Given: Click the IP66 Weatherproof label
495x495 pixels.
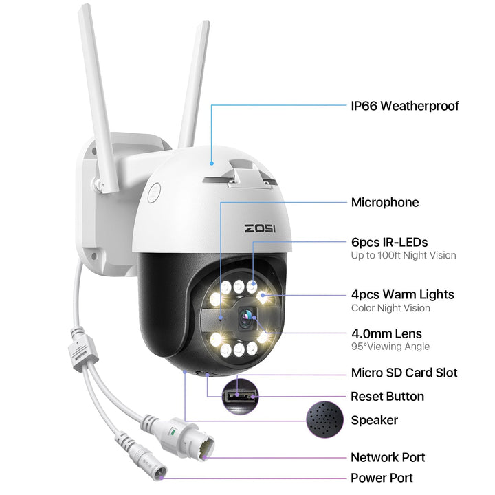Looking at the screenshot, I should pyautogui.click(x=404, y=106).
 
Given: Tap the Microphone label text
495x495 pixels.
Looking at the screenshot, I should pyautogui.click(x=384, y=202).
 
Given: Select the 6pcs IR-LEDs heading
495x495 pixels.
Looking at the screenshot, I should pyautogui.click(x=389, y=242).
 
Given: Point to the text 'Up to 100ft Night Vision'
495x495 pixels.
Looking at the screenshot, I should pyautogui.click(x=403, y=256).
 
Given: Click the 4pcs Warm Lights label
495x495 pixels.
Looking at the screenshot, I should pyautogui.click(x=402, y=294).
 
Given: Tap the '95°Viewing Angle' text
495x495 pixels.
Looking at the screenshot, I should pyautogui.click(x=390, y=346).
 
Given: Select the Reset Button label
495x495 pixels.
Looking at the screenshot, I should pyautogui.click(x=387, y=396).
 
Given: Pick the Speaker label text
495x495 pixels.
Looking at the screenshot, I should pyautogui.click(x=374, y=420).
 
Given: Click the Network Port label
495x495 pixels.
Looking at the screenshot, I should pyautogui.click(x=388, y=457).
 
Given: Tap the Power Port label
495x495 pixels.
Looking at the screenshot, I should pyautogui.click(x=382, y=477).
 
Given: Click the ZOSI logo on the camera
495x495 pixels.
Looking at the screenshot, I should pyautogui.click(x=260, y=228).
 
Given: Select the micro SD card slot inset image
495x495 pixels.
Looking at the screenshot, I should pyautogui.click(x=239, y=394).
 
